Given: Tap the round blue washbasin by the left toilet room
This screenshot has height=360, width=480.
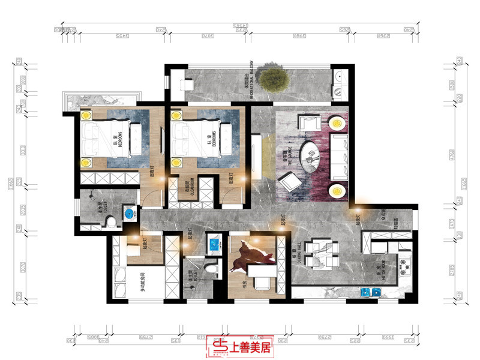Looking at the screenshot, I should tap(129, 214).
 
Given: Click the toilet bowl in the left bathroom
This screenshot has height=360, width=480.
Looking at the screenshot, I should tap(110, 223).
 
